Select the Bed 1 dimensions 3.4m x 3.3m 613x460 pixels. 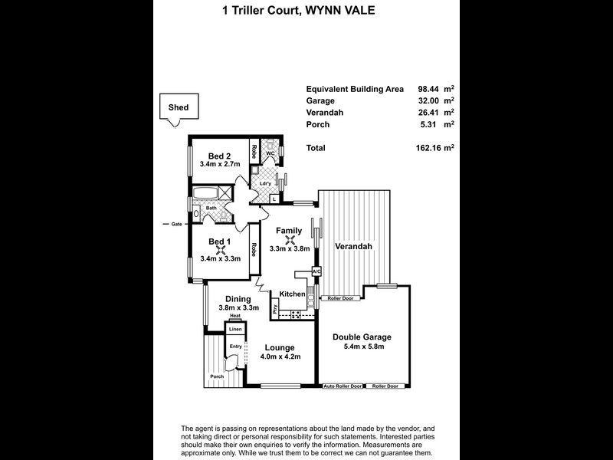pyautogui.click(x=220, y=258)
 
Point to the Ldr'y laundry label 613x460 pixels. pyautogui.click(x=264, y=182)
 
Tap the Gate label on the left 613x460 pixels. pyautogui.click(x=176, y=224)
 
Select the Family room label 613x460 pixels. pyautogui.click(x=289, y=230)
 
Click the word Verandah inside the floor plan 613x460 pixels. pyautogui.click(x=353, y=247)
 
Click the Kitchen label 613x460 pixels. pyautogui.click(x=292, y=294)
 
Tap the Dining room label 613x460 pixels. pyautogui.click(x=238, y=299)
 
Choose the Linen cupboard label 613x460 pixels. pyautogui.click(x=235, y=329)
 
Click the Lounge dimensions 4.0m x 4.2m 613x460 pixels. pyautogui.click(x=280, y=356)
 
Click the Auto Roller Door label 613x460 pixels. pyautogui.click(x=341, y=386)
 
